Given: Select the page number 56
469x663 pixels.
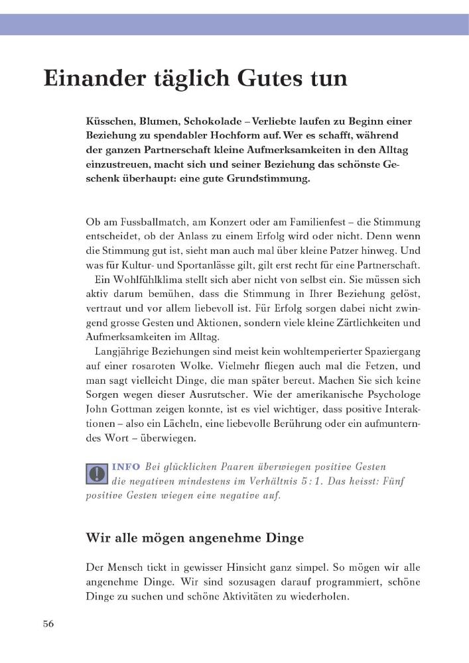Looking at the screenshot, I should coord(49,624).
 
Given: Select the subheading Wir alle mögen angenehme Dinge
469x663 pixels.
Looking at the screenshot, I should coord(195,538).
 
